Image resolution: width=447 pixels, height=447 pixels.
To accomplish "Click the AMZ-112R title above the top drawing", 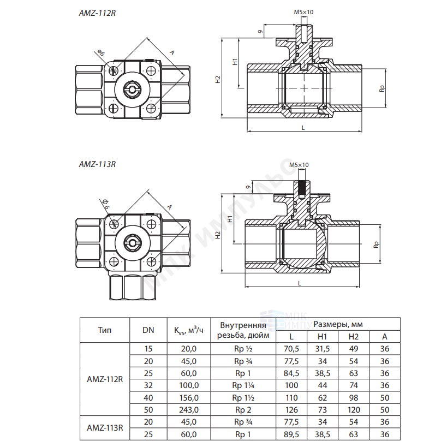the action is click(97, 13).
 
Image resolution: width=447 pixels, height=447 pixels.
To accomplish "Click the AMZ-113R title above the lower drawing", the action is click(97, 164).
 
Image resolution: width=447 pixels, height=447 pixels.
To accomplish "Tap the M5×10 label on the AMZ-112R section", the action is click(303, 12).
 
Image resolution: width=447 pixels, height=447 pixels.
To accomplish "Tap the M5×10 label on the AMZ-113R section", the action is click(299, 165).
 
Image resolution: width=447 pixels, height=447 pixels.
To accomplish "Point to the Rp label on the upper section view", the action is click(382, 88).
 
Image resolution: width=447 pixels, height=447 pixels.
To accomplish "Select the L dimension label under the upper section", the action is click(303, 128).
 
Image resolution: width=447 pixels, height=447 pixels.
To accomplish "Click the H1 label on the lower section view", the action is click(230, 219).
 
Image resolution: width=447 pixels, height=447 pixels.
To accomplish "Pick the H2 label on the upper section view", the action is click(218, 79).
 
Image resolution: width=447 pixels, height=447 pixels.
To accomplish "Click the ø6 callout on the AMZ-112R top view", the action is click(101, 52).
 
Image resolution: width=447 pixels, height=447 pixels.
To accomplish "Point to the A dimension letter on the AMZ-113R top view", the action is click(169, 207).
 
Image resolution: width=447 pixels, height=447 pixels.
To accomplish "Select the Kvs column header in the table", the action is click(189, 330).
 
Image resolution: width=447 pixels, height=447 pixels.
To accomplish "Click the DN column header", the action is click(148, 330).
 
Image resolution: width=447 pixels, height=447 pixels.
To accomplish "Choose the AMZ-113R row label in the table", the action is click(105, 428).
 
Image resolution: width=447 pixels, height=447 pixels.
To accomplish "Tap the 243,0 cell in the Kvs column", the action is click(189, 410).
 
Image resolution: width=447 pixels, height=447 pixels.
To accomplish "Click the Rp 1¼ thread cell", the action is click(243, 385).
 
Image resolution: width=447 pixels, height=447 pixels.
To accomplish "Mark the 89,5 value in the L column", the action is click(291, 434).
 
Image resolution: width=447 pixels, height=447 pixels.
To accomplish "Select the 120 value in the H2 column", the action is click(354, 410).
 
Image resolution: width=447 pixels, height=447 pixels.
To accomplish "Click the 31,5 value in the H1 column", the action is click(323, 349).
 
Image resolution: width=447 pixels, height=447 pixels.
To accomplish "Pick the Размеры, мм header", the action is click(338, 324).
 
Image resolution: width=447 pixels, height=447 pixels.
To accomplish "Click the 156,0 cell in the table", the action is click(189, 398).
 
